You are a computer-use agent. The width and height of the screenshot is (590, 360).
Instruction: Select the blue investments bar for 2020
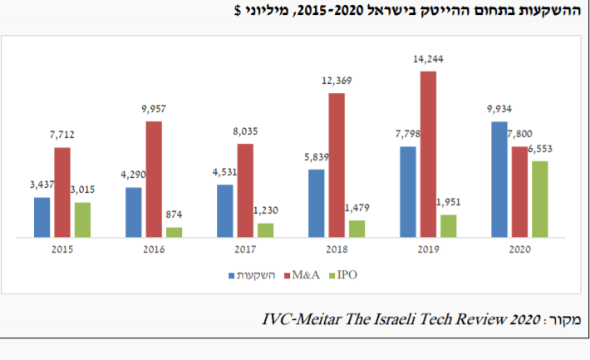point(500,180)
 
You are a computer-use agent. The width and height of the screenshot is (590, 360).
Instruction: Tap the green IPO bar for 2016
point(174,232)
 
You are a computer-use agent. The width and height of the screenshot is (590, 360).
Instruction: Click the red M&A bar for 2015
point(62,192)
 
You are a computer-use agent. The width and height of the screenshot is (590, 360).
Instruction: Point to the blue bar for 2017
point(225,210)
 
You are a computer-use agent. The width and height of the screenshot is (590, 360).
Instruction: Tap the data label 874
point(175,215)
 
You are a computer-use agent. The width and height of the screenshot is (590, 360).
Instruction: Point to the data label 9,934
point(499,110)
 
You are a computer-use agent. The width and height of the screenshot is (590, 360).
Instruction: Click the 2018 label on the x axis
point(337,249)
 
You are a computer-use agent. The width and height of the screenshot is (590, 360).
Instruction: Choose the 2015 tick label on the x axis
point(63,249)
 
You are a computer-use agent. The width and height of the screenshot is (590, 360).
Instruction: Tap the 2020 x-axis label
point(519,249)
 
